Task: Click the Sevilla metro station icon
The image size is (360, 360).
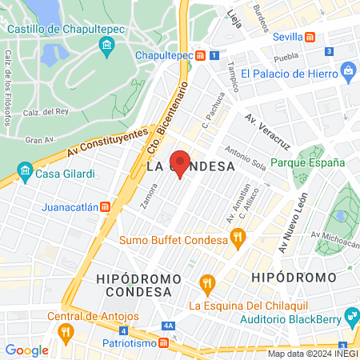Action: click(x=310, y=38)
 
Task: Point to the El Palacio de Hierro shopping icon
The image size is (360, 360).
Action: click(x=348, y=74)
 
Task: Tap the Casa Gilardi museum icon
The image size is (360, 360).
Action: click(x=25, y=173)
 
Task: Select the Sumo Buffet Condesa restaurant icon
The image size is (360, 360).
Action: click(x=236, y=237)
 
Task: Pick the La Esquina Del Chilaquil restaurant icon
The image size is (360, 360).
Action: click(x=208, y=282)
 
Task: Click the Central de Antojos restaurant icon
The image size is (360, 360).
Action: click(x=66, y=329)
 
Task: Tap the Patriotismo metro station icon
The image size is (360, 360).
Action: click(x=163, y=342)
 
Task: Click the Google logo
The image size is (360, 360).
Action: click(x=26, y=350)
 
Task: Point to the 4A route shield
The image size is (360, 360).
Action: click(x=168, y=326)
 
